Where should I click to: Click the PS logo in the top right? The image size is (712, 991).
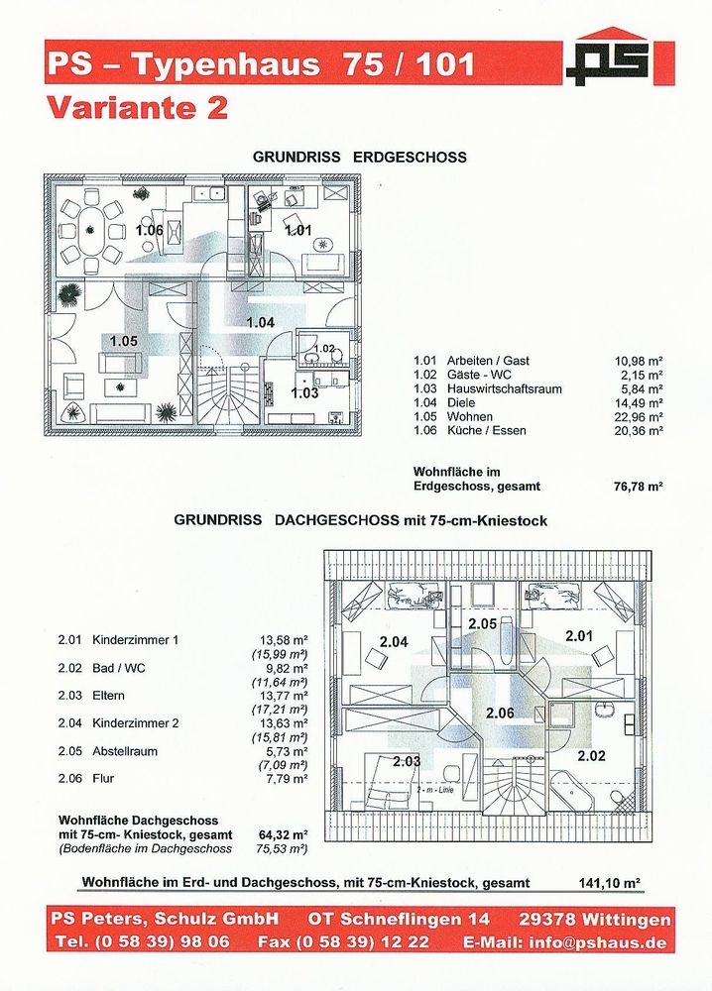607,57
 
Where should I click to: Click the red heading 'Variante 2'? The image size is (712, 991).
137,108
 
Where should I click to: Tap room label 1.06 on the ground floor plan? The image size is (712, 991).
150,231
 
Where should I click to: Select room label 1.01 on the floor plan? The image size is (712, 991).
297,231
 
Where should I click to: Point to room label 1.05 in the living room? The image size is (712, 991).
124,341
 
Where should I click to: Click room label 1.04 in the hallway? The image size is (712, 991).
260,322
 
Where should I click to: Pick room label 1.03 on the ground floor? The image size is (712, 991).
304,393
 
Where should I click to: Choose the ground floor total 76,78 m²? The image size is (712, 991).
639,487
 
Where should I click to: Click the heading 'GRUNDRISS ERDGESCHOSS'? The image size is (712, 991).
359,157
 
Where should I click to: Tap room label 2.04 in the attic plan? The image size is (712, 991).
393,641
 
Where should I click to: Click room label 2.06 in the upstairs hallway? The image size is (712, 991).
500,713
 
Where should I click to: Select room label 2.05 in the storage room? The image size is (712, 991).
482,623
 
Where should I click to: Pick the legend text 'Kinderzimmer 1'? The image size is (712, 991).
135,640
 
